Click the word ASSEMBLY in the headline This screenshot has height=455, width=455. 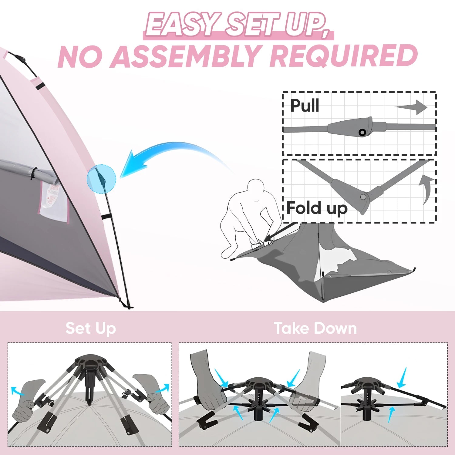point(186,57)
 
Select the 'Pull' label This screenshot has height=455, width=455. point(305,106)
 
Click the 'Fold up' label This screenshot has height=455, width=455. point(317,208)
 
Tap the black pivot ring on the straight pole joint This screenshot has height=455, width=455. point(362,132)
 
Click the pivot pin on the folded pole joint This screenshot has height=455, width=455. point(363,197)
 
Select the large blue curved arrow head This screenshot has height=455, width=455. point(133,164)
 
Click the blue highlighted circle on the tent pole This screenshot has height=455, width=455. point(101,179)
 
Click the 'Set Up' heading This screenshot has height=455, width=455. point(91,328)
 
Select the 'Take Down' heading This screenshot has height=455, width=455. point(315,328)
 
